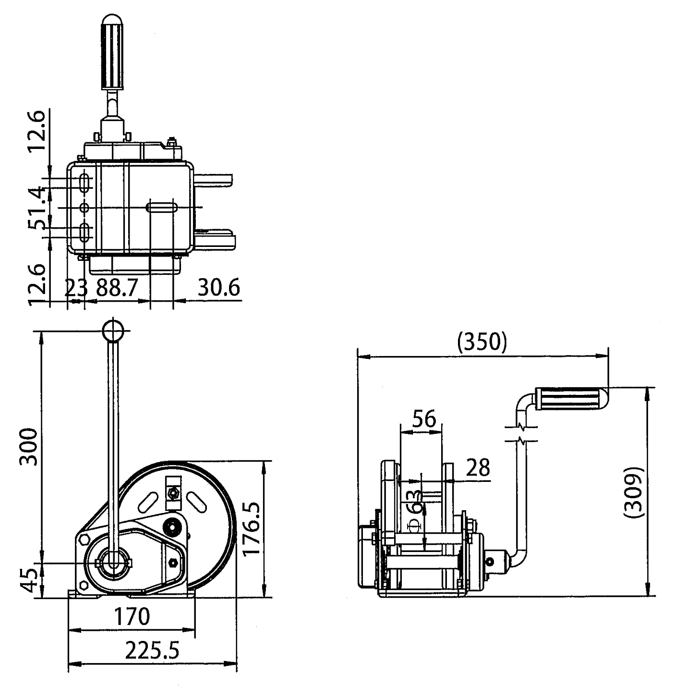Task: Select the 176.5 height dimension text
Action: (x=251, y=528)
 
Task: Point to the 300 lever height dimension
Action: (x=29, y=447)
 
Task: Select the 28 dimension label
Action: (x=478, y=467)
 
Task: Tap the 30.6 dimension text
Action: (x=218, y=288)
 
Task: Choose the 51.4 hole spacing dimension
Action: (x=37, y=208)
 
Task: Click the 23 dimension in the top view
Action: (x=76, y=288)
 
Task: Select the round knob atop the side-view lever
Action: (x=113, y=330)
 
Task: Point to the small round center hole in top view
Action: (x=84, y=208)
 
